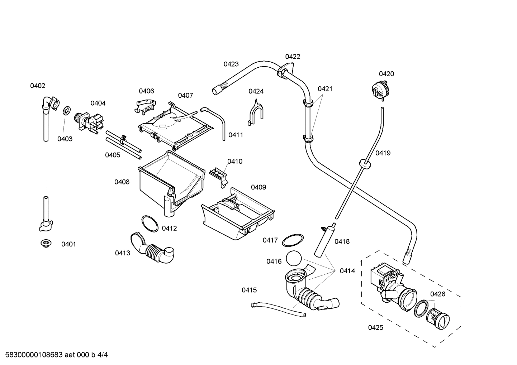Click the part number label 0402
pyautogui.click(x=38, y=86)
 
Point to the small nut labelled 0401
pyautogui.click(x=45, y=244)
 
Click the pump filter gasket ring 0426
pyautogui.click(x=422, y=308)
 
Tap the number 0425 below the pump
pyautogui.click(x=375, y=327)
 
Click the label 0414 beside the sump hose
pyautogui.click(x=347, y=271)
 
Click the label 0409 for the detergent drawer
pyautogui.click(x=258, y=187)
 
